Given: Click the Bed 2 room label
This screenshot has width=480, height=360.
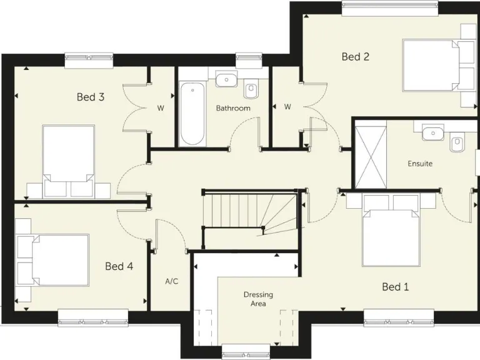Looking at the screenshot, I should click(x=356, y=57).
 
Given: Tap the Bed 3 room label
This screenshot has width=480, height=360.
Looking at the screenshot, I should click(x=91, y=97).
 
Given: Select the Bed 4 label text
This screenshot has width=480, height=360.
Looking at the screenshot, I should click(x=119, y=266).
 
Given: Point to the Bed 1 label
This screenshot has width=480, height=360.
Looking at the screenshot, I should click(x=395, y=287).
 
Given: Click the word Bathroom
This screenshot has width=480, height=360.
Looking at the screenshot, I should click(x=233, y=108).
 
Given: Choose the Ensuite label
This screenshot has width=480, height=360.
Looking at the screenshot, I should click(x=420, y=164).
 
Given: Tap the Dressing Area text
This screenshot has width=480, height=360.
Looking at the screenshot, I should click(x=258, y=299).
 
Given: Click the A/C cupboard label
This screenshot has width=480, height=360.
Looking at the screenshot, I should click(x=172, y=281).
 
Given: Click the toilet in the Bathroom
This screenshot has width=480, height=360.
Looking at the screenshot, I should click(x=252, y=91).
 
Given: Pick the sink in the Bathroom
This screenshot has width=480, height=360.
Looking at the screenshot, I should click(x=226, y=79).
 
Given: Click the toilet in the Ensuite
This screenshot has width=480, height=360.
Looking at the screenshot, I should click(x=457, y=144).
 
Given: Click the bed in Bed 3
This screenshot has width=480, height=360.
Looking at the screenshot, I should click(x=68, y=160).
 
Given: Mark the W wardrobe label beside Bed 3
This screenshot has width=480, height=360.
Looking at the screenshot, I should click(x=161, y=108).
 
